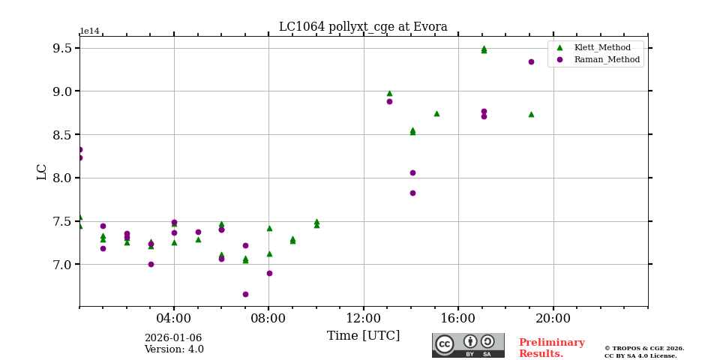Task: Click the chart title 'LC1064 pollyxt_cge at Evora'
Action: point(363,27)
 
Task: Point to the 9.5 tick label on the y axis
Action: point(62,48)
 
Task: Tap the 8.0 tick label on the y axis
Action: point(62,178)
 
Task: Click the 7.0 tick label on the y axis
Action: point(62,265)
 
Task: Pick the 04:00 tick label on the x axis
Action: point(174,317)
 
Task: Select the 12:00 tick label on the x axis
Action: point(364,317)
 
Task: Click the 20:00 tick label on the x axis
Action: point(553,317)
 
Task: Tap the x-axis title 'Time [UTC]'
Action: point(363,336)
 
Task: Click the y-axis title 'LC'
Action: point(42,172)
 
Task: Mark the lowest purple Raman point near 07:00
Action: point(245,294)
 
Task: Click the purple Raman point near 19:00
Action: point(531,61)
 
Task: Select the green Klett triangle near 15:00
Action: point(436,113)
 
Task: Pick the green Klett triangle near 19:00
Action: point(531,114)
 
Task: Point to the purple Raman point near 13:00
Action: point(389,101)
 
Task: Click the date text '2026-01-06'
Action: point(173,338)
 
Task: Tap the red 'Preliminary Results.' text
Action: point(551,348)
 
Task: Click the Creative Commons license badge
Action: point(468,345)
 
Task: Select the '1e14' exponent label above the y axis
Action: point(89,31)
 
